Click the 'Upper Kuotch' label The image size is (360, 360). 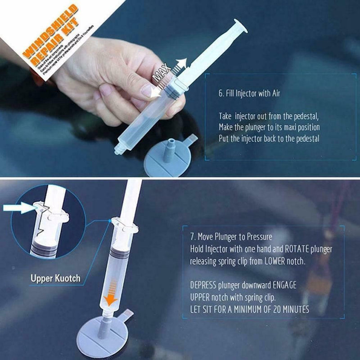[55, 278]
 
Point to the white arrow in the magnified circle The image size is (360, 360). [18, 208]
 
